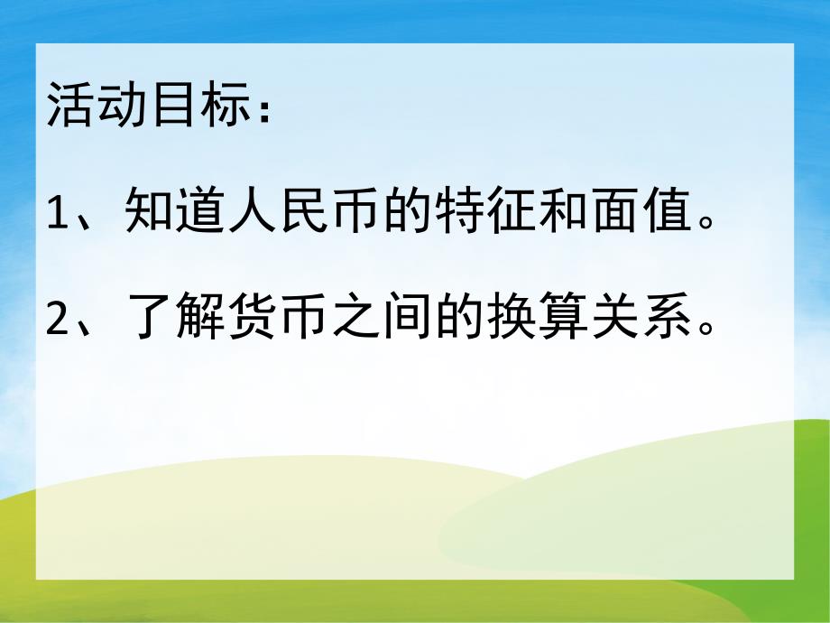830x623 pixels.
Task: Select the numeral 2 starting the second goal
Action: tap(57, 321)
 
